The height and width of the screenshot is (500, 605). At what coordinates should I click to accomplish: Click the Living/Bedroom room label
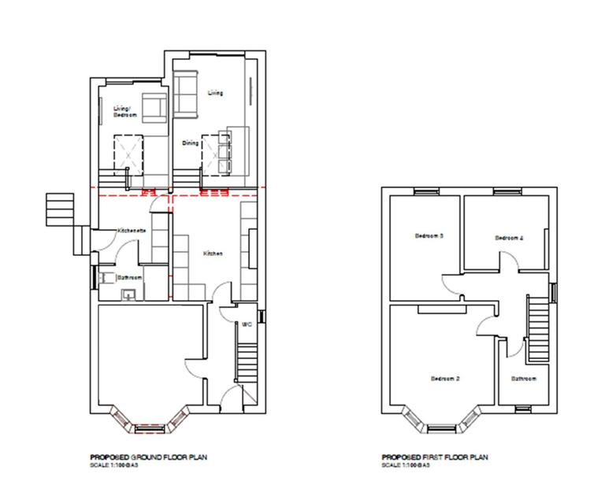click(x=124, y=111)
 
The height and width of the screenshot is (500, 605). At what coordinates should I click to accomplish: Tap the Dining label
click(x=190, y=143)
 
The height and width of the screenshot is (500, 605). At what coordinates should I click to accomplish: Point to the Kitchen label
click(x=213, y=254)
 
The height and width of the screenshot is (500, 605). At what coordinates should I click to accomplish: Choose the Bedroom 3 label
click(x=430, y=236)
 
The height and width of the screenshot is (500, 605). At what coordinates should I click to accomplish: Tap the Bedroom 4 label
click(x=509, y=238)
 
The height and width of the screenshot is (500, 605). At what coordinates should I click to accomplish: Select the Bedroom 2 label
click(x=445, y=379)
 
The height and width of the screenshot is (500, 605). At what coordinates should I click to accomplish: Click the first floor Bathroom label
click(x=523, y=379)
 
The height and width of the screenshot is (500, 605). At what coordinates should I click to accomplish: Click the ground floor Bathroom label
click(x=129, y=278)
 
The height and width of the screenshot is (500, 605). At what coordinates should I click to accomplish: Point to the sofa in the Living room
click(x=187, y=93)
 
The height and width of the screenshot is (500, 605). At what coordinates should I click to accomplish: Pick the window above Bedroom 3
click(x=426, y=190)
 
